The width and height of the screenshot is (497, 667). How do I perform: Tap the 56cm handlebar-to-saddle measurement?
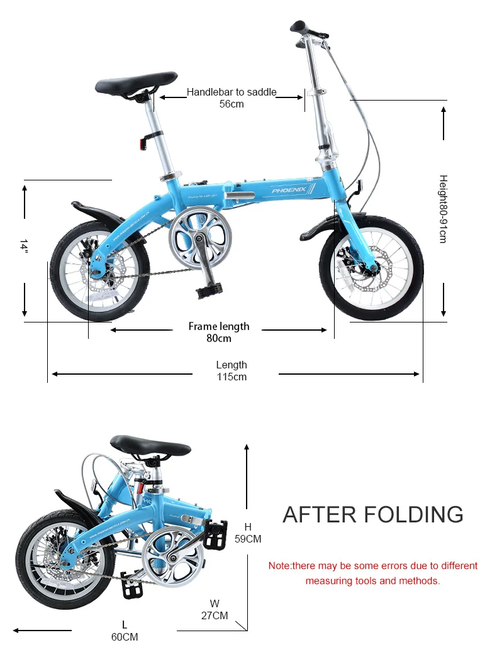pyautogui.click(x=232, y=104)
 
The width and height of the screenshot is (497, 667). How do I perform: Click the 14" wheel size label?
pyautogui.click(x=24, y=246)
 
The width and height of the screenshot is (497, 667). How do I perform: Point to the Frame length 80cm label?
pyautogui.click(x=219, y=332)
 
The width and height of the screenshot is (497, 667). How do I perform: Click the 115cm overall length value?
pyautogui.click(x=232, y=377)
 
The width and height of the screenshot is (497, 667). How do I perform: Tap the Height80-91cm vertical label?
pyautogui.click(x=443, y=209)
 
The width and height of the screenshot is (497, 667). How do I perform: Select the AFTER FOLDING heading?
pyautogui.click(x=373, y=514)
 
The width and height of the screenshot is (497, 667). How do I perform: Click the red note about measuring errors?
pyautogui.click(x=373, y=573)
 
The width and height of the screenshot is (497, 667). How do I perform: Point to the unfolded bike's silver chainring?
pyautogui.click(x=200, y=238)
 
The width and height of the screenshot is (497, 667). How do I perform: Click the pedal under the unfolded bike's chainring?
pyautogui.click(x=209, y=290)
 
